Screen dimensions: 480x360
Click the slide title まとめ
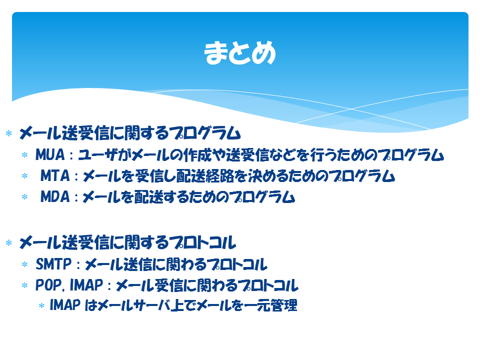[240, 53]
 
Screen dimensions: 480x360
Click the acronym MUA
[50, 154]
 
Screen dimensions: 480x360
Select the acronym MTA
[55, 175]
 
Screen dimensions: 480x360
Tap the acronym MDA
[55, 196]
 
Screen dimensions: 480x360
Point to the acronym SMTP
[53, 264]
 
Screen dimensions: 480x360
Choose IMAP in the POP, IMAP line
[86, 285]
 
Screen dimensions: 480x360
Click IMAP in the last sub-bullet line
[65, 305]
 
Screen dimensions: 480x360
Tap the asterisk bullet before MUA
[25, 155]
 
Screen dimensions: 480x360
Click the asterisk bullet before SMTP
[25, 264]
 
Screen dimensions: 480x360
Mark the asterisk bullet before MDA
[25, 197]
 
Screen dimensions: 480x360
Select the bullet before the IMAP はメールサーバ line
[41, 305]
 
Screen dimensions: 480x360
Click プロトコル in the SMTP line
[237, 264]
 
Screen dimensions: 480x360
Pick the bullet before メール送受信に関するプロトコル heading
[9, 243]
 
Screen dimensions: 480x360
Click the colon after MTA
[76, 176]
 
